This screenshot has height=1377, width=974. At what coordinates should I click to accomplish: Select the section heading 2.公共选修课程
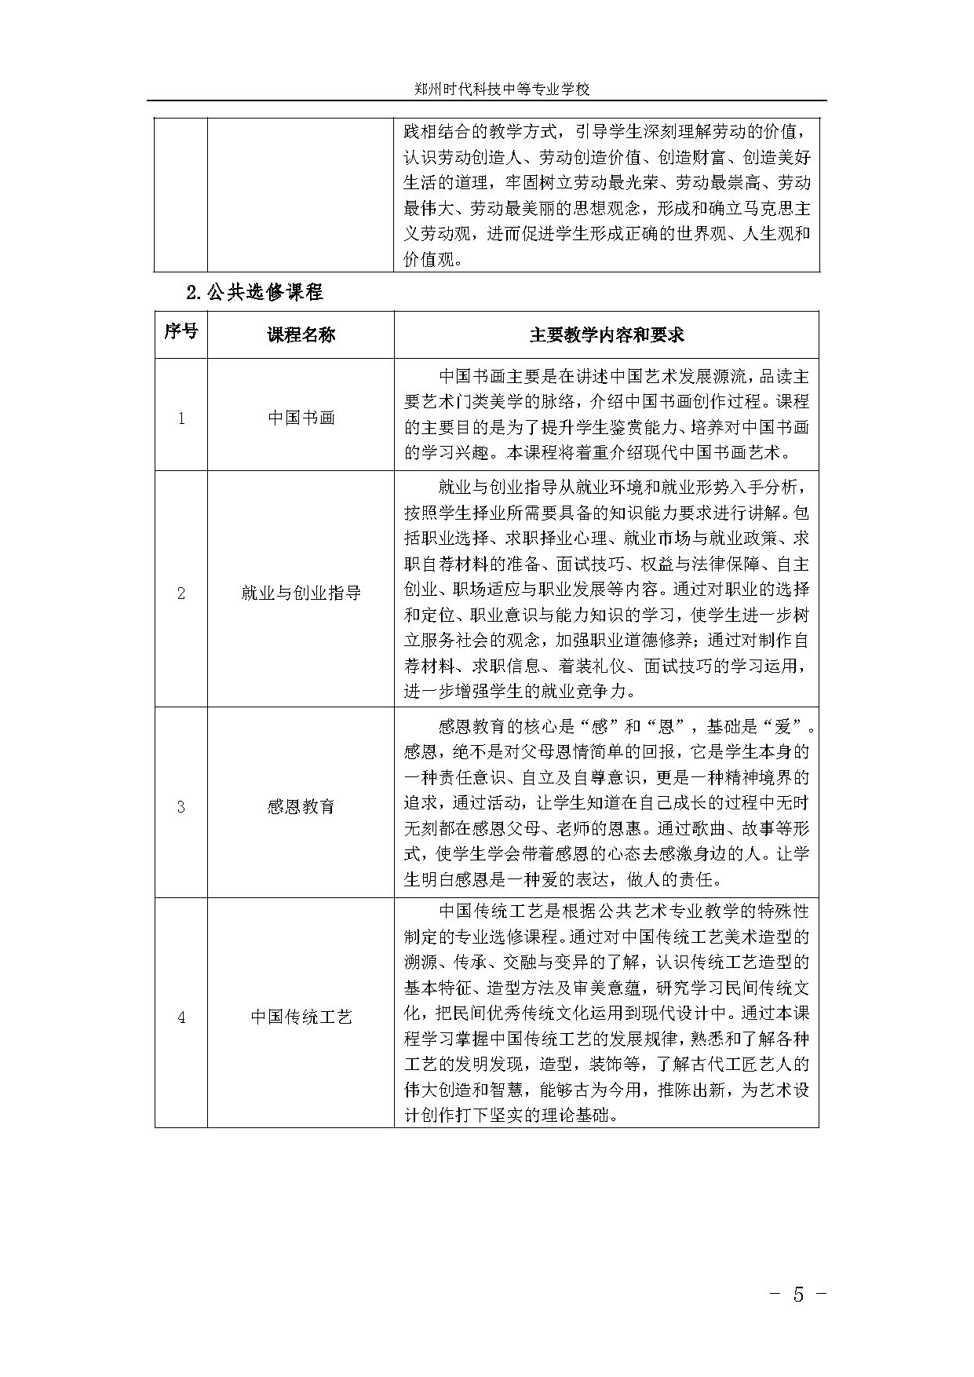pyautogui.click(x=254, y=293)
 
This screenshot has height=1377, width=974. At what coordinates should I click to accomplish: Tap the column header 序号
pyautogui.click(x=181, y=331)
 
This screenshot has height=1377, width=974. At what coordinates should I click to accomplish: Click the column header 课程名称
pyautogui.click(x=301, y=334)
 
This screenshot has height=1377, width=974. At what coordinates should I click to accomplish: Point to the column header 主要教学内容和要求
pyautogui.click(x=606, y=334)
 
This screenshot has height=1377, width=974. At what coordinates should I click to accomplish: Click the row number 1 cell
pyautogui.click(x=181, y=418)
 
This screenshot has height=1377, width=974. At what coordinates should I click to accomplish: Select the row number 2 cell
pyautogui.click(x=181, y=593)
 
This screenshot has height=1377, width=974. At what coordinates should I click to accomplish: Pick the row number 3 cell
pyautogui.click(x=181, y=806)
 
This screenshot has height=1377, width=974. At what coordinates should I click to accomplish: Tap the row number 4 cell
pyautogui.click(x=181, y=1017)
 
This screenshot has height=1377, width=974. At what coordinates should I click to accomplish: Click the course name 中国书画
pyautogui.click(x=301, y=418)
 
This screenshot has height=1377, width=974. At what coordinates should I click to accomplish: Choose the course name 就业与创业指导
pyautogui.click(x=301, y=593)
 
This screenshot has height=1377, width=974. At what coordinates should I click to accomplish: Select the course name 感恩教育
pyautogui.click(x=301, y=806)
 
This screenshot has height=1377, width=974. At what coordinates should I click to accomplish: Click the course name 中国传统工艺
pyautogui.click(x=301, y=1017)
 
